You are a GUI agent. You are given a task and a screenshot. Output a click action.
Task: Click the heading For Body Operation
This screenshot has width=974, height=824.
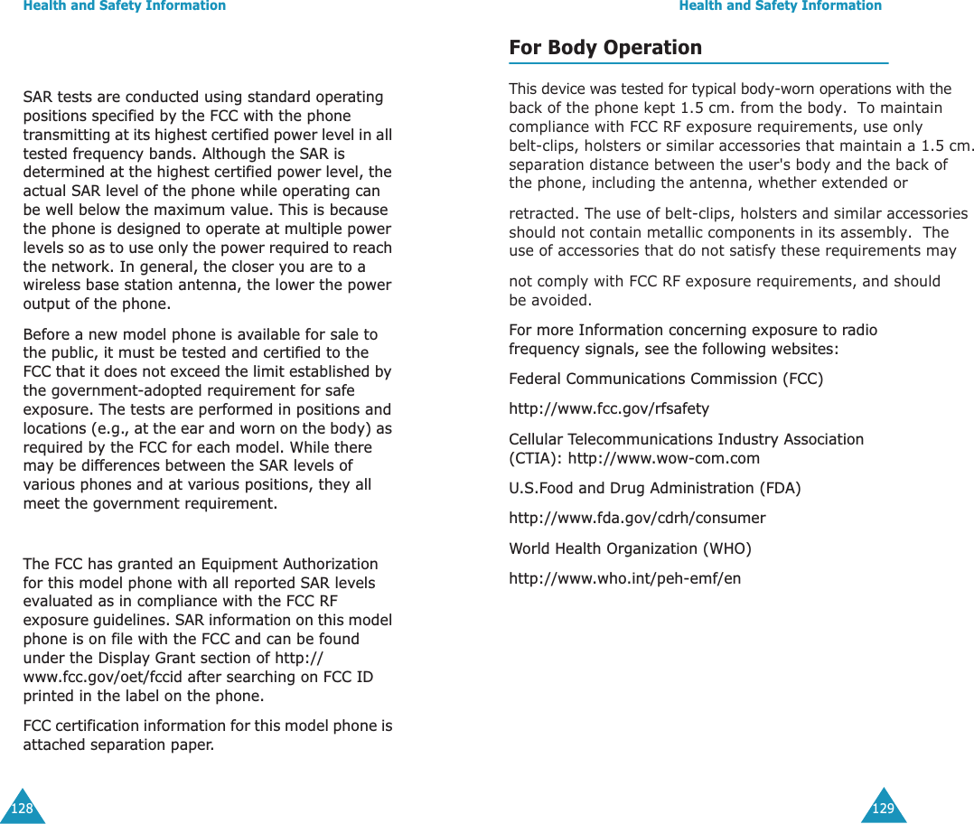[x=604, y=48]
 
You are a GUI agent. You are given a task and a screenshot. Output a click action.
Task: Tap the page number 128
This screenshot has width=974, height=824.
[x=22, y=809]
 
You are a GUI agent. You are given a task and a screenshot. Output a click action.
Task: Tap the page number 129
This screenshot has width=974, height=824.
[x=883, y=809]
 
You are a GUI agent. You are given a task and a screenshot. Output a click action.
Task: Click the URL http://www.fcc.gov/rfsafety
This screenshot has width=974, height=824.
[x=609, y=409]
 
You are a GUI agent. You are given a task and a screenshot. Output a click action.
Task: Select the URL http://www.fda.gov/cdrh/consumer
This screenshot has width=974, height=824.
[x=637, y=519]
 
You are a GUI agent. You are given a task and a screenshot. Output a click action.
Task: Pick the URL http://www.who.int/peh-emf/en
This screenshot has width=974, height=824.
[x=624, y=578]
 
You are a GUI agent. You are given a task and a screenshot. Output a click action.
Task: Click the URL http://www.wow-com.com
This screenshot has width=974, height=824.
[x=663, y=458]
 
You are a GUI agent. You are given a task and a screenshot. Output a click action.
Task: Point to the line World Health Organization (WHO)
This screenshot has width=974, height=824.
[x=630, y=548]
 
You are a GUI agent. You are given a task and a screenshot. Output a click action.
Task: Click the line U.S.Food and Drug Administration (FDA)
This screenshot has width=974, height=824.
[x=654, y=489]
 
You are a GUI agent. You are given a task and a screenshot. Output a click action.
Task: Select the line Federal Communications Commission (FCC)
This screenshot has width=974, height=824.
[x=666, y=379]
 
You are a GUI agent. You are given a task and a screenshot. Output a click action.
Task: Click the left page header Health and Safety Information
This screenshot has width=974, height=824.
[x=125, y=6]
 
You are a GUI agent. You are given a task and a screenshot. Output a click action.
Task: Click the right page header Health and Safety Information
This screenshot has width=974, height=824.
[x=780, y=6]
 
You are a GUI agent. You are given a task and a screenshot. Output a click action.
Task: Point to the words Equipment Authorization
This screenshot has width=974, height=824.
[x=304, y=565]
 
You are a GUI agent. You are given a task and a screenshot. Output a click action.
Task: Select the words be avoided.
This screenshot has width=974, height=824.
[x=550, y=300]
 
